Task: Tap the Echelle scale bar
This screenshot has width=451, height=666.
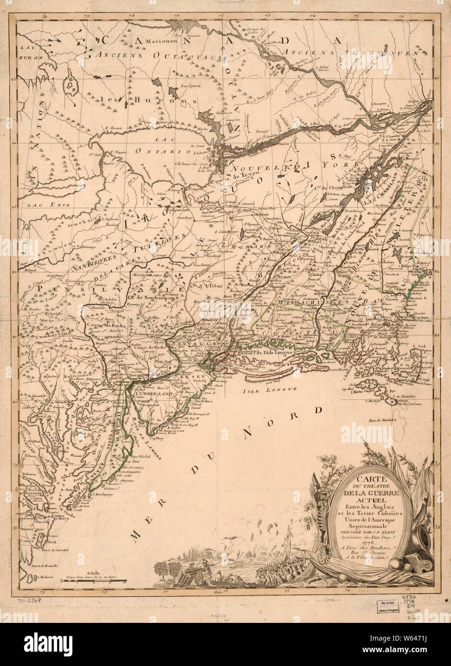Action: [x=93, y=582]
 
